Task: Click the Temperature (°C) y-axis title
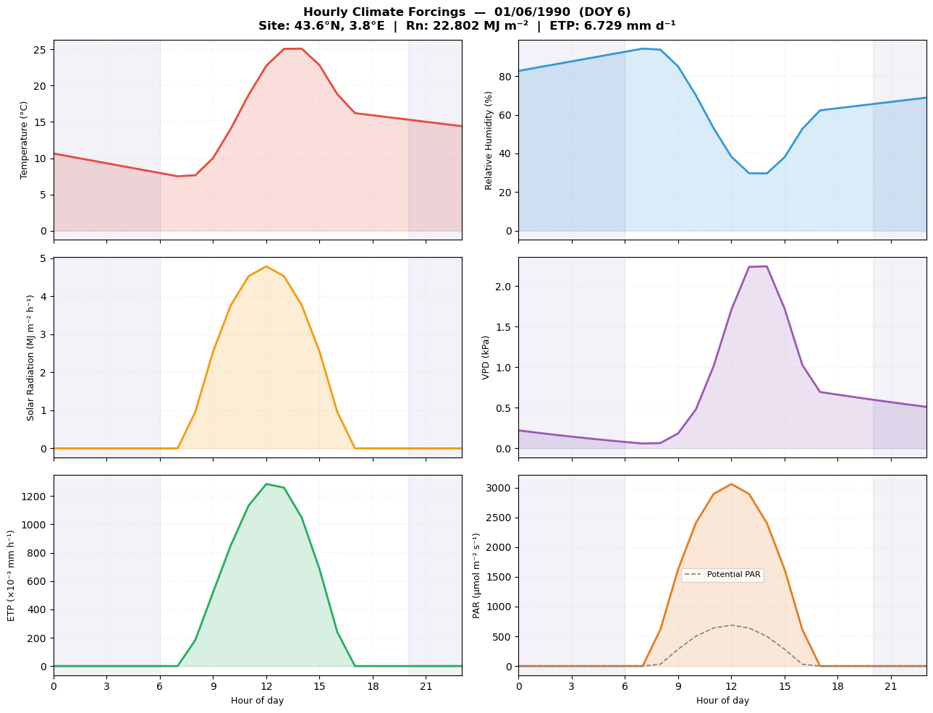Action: point(24,140)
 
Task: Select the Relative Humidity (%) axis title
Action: point(489,140)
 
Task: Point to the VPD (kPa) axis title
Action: point(486,357)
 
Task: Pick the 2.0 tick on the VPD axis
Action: point(503,287)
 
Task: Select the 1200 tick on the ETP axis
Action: point(33,497)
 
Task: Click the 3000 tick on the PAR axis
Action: point(498,488)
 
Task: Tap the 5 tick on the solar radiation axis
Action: point(43,258)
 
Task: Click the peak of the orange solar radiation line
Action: point(266,266)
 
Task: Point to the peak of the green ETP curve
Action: point(266,484)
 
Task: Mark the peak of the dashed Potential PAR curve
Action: point(731,625)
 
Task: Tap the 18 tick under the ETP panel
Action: point(373,685)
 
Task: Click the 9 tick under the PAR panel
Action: point(678,685)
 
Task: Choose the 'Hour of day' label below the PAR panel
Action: point(722,701)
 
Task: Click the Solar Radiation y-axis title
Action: point(31,357)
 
